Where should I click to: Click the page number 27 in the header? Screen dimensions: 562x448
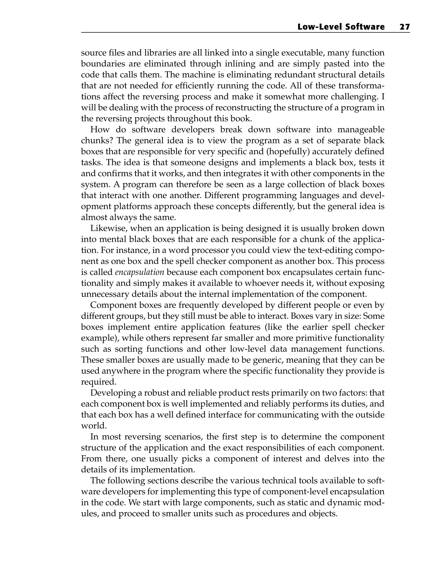click(404, 27)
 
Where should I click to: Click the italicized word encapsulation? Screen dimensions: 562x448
click(140, 272)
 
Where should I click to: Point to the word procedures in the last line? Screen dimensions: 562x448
click(265, 514)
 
